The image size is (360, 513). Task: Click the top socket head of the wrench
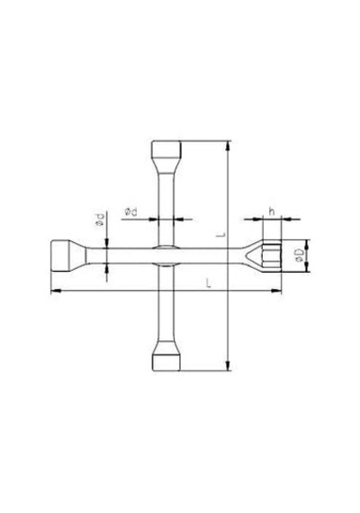[x=166, y=149]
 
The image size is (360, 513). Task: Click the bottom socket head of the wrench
[x=166, y=362]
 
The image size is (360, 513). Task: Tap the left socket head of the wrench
[x=60, y=256]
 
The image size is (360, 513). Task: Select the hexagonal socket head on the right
[x=272, y=256]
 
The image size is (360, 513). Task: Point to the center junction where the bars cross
[x=166, y=256]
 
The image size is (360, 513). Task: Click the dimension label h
[x=272, y=211]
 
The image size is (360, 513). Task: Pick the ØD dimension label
[x=299, y=256]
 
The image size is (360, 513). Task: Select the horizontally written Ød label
[x=130, y=212]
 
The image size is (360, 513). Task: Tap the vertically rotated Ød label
[x=100, y=220]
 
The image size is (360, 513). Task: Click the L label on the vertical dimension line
[x=222, y=234]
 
